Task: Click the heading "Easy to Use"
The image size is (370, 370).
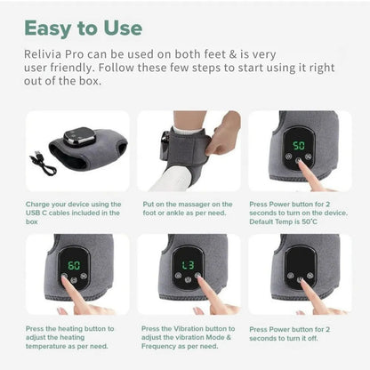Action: click(84, 28)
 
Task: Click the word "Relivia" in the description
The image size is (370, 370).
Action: click(43, 54)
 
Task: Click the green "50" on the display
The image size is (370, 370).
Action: click(299, 146)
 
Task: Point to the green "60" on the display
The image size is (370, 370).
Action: click(74, 265)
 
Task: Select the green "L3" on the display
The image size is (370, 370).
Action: click(188, 265)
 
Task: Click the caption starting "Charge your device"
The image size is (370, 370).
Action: click(73, 213)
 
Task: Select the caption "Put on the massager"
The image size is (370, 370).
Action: click(188, 208)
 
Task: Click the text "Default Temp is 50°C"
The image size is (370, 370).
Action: click(283, 221)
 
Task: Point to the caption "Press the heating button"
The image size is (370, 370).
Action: click(69, 337)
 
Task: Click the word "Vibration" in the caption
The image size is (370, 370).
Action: click(188, 329)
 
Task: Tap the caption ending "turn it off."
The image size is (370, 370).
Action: click(289, 334)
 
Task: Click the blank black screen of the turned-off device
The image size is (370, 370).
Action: click(301, 258)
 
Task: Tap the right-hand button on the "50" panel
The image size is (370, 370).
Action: click(309, 157)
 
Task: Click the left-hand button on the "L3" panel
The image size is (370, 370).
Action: click(178, 276)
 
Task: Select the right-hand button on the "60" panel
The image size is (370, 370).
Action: click(84, 276)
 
